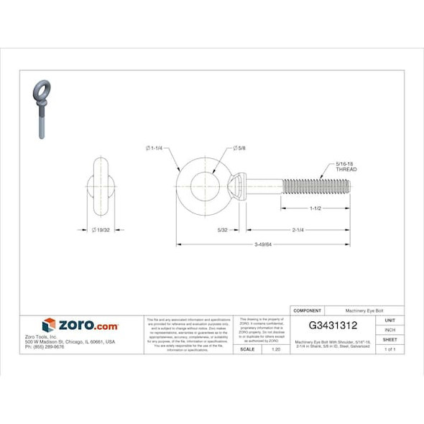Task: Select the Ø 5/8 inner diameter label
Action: tap(240, 148)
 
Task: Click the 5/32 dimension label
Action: tap(223, 230)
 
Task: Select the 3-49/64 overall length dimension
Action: tap(263, 245)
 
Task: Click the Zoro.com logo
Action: tap(80, 326)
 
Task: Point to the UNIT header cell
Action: tap(390, 320)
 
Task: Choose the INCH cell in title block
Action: tap(390, 329)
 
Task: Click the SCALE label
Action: tap(246, 349)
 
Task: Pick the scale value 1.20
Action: tap(275, 349)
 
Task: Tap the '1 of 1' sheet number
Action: tap(390, 349)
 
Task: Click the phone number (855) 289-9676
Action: tap(45, 346)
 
